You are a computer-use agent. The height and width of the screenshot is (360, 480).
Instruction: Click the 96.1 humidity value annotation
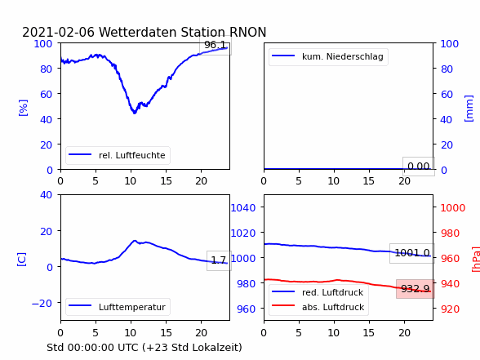(x=216, y=45)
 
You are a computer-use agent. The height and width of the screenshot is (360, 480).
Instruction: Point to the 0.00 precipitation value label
(x=419, y=167)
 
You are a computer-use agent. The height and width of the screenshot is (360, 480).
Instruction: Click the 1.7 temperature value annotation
(x=219, y=260)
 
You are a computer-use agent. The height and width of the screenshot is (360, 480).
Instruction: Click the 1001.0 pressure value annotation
(x=412, y=253)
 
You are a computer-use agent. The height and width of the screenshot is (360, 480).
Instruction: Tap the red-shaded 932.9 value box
(x=416, y=289)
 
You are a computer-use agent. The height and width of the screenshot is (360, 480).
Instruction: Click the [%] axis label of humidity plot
(x=23, y=108)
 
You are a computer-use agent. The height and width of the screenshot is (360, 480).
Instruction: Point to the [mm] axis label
(x=469, y=109)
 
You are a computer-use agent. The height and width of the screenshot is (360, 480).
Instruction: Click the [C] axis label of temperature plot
(x=22, y=260)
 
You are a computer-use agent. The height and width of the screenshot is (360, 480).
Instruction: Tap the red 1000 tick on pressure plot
(x=453, y=208)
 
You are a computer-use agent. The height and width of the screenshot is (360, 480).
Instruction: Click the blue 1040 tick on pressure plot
(x=243, y=208)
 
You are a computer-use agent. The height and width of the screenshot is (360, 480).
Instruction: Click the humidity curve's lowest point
(x=134, y=113)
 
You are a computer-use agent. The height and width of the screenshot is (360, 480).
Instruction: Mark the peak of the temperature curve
(x=135, y=241)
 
